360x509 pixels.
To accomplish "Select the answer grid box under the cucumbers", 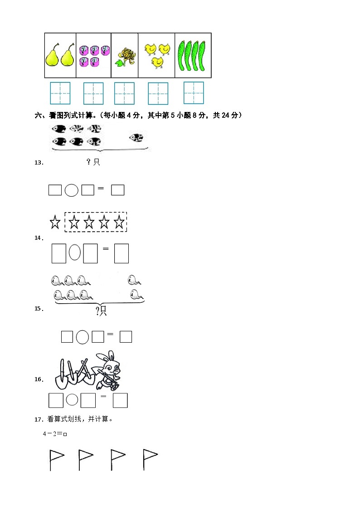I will (x=194, y=92).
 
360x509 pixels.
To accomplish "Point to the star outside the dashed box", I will (x=55, y=223).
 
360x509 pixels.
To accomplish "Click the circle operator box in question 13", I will (x=71, y=190).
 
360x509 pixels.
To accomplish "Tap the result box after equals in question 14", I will (x=122, y=253).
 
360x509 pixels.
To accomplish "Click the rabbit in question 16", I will (x=109, y=369).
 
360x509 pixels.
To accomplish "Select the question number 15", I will (x=39, y=309).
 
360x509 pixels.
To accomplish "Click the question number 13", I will (x=39, y=162).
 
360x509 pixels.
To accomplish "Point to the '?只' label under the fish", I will (x=93, y=162).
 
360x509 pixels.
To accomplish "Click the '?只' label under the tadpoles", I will (x=101, y=310).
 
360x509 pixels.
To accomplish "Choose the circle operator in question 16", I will (x=72, y=400).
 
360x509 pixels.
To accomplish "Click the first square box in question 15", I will (x=67, y=337).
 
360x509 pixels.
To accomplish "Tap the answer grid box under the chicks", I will (x=158, y=93).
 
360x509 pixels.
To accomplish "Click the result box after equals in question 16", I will (x=120, y=400).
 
